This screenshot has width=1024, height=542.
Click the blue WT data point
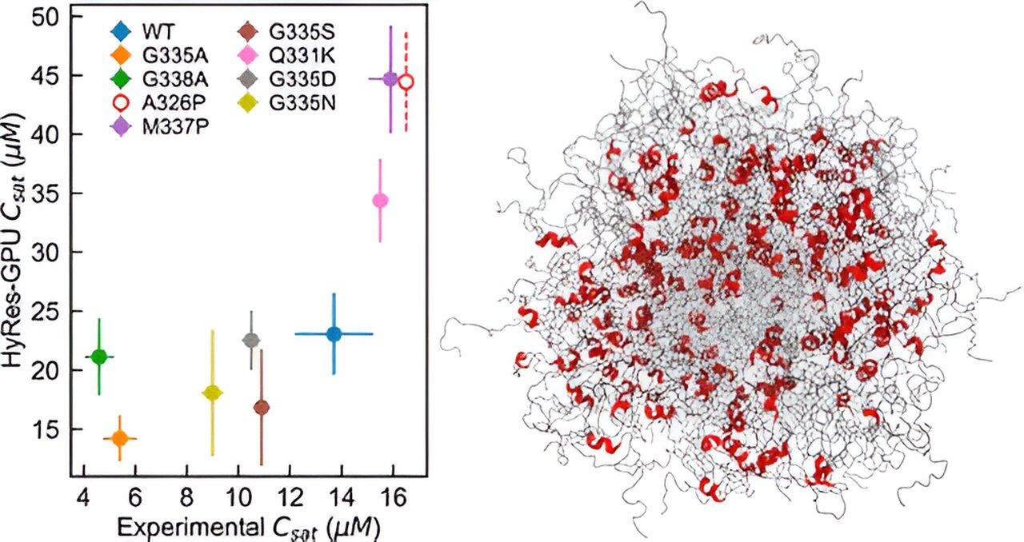[334, 333]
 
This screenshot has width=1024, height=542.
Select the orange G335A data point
[120, 438]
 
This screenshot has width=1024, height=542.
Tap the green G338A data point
[99, 357]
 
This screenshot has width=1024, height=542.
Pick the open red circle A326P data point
[406, 82]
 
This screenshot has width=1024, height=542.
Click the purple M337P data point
[390, 79]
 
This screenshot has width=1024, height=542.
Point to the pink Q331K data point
[380, 200]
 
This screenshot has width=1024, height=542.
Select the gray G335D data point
[251, 340]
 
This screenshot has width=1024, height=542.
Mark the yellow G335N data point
[212, 393]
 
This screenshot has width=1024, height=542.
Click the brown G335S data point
[262, 408]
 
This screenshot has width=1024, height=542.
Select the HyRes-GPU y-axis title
[18, 240]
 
